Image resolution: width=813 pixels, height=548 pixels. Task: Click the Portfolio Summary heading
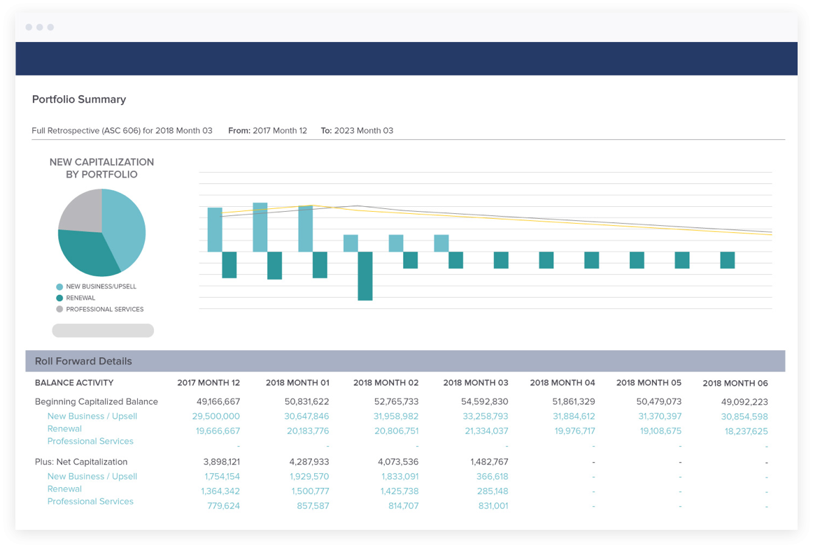[x=79, y=99]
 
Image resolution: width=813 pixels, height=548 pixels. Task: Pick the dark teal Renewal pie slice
[x=87, y=253]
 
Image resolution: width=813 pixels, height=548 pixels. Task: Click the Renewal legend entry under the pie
[x=80, y=298]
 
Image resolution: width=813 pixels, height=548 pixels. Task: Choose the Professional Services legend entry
[x=104, y=309]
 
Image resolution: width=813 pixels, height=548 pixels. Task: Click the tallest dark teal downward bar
[x=365, y=276]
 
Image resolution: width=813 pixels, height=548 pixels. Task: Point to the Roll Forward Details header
[x=83, y=361]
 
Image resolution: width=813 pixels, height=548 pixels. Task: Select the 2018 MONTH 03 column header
[x=475, y=383]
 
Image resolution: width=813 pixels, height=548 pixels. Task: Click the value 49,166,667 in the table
[x=218, y=402]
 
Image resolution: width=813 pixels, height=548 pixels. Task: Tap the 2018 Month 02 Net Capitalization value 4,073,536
[x=397, y=462]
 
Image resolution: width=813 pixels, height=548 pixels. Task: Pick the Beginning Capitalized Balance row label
[x=97, y=402]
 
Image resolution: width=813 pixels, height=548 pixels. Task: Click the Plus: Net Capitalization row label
[x=81, y=462]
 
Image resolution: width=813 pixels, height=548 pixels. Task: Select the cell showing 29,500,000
[x=215, y=417]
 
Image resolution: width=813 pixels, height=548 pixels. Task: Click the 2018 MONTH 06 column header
[x=735, y=383]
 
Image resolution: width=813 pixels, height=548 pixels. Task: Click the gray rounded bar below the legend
[x=103, y=331]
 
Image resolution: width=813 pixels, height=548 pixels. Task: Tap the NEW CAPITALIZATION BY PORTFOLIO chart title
[x=101, y=168]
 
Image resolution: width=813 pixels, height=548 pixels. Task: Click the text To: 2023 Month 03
[x=357, y=131]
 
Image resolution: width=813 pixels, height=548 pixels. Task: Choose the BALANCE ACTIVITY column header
[x=74, y=383]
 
